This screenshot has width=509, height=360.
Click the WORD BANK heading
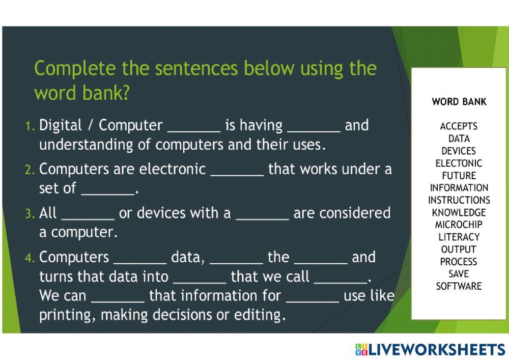[459, 102]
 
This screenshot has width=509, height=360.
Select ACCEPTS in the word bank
[459, 126]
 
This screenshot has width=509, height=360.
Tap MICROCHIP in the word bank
[459, 225]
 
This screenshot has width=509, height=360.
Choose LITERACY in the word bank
[459, 237]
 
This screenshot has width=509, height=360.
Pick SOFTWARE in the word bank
[459, 286]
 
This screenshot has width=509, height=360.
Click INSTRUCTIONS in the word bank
[459, 200]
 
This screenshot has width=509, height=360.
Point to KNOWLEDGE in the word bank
[459, 212]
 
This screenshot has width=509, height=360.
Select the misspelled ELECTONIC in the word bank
[459, 163]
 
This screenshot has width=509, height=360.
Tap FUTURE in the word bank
[459, 175]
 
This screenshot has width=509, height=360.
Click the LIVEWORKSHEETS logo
[431, 350]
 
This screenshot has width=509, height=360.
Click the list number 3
[30, 214]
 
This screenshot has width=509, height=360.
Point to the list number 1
[30, 126]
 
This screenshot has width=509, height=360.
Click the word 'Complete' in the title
[75, 69]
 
